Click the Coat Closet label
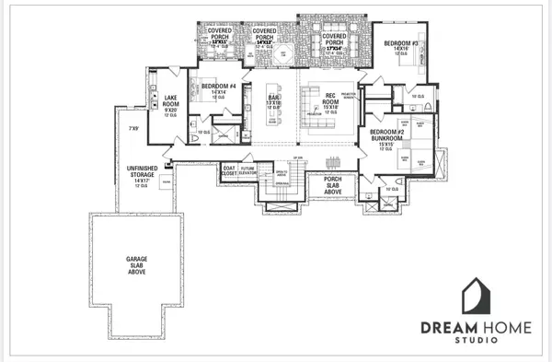click(x=230, y=169)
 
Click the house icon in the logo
click(x=476, y=297)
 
